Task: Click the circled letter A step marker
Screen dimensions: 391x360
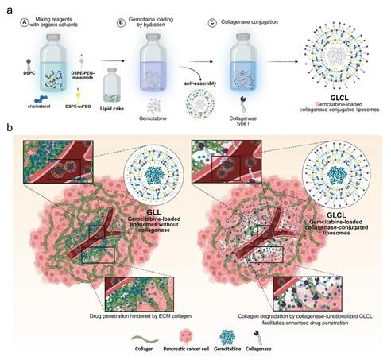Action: click(25, 22)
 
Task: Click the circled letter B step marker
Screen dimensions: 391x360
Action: click(121, 23)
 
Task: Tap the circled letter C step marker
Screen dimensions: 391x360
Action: click(212, 23)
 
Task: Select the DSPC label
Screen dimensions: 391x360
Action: click(29, 72)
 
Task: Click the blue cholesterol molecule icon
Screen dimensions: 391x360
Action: click(41, 99)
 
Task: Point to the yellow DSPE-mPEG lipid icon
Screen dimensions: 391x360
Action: click(78, 95)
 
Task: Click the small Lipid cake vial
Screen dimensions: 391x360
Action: click(112, 85)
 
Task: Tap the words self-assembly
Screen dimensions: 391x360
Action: click(200, 83)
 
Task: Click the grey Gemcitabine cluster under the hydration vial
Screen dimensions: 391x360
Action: click(153, 106)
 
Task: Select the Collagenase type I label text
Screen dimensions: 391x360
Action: click(243, 121)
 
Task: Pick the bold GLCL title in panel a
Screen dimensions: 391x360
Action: click(339, 98)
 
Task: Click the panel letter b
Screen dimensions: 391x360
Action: click(10, 128)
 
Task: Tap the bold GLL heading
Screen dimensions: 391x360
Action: click(154, 212)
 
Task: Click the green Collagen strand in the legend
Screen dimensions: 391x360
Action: click(145, 339)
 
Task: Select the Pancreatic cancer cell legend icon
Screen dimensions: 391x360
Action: click(186, 336)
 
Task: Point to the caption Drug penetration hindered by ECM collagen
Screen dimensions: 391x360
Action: click(141, 316)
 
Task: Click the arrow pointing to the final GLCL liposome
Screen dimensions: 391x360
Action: click(281, 62)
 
